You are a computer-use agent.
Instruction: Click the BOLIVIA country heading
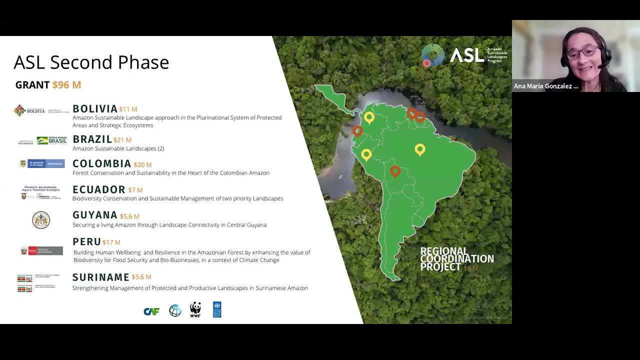95,109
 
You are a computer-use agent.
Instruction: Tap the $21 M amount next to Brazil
122,140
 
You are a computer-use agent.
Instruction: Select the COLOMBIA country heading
101,164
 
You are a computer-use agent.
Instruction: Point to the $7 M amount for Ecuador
135,190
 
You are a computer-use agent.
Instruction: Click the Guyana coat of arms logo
41,220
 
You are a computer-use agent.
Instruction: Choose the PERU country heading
86,242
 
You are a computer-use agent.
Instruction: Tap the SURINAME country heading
100,277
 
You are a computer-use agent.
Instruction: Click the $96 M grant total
66,85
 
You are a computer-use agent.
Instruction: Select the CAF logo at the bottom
151,311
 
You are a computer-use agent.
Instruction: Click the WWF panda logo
195,309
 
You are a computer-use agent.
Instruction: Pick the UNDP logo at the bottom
217,309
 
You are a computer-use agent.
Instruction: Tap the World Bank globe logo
175,310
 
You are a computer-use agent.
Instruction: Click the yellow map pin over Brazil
420,149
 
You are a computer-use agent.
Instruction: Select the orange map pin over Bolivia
395,171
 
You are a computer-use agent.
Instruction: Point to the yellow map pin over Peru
366,154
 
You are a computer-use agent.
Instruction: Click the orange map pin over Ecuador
357,131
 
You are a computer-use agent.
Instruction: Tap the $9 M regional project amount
471,268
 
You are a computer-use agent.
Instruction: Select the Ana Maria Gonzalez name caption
545,86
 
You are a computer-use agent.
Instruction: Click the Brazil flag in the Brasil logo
42,140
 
